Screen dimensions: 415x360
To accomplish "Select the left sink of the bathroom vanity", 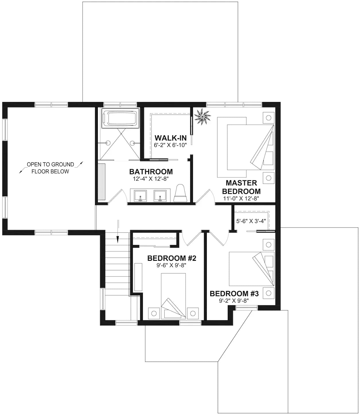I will point(140,195).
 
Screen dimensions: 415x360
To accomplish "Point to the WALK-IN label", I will point(170,138).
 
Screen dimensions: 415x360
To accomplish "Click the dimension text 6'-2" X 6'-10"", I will point(170,145).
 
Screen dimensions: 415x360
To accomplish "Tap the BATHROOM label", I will point(151,172).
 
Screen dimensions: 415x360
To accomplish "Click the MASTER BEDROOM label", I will point(243,187).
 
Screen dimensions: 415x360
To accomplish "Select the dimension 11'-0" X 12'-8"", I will point(241,198).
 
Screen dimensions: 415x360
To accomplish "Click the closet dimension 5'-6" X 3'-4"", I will point(251,221).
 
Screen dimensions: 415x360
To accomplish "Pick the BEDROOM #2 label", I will point(172,258).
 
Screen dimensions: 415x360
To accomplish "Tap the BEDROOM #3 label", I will point(234,294).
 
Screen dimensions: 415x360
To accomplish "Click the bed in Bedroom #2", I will point(173,296).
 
